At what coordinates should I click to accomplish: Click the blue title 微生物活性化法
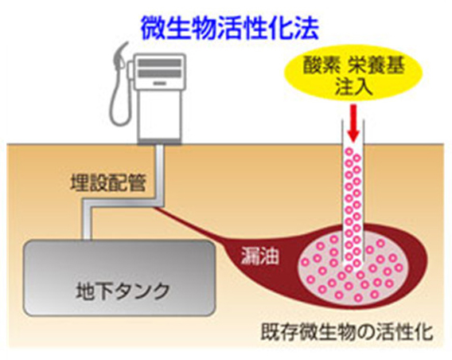230,28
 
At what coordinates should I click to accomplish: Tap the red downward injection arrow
353,123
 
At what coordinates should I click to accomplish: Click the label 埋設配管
108,182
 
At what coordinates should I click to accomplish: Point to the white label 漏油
259,256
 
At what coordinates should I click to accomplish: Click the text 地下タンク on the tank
123,291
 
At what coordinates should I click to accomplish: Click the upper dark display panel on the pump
159,63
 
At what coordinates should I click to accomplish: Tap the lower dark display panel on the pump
159,73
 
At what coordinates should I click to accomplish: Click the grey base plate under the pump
159,141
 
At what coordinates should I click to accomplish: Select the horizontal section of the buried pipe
123,202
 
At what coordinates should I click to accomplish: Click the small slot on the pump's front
159,84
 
